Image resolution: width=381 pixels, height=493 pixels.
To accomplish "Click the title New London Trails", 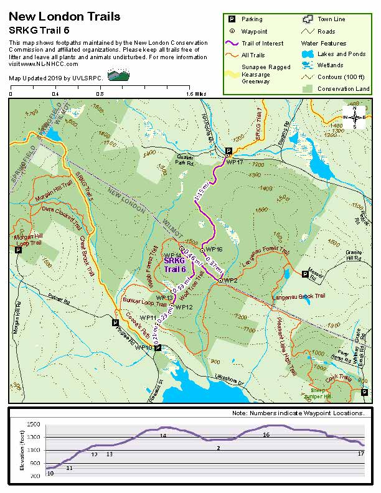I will click(65, 17).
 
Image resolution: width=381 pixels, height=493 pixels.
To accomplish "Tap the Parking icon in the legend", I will click(229, 19).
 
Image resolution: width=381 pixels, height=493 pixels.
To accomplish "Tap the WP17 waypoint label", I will click(234, 162).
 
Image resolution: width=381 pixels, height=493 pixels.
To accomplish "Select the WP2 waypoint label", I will click(231, 281).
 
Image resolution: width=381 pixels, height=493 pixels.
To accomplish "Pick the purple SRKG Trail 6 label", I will click(175, 266).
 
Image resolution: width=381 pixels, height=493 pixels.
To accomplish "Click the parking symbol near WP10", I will click(158, 348).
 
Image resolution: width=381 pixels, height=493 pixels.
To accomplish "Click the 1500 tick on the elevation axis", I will click(35, 423).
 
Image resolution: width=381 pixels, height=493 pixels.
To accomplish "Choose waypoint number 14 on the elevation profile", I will click(163, 436).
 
